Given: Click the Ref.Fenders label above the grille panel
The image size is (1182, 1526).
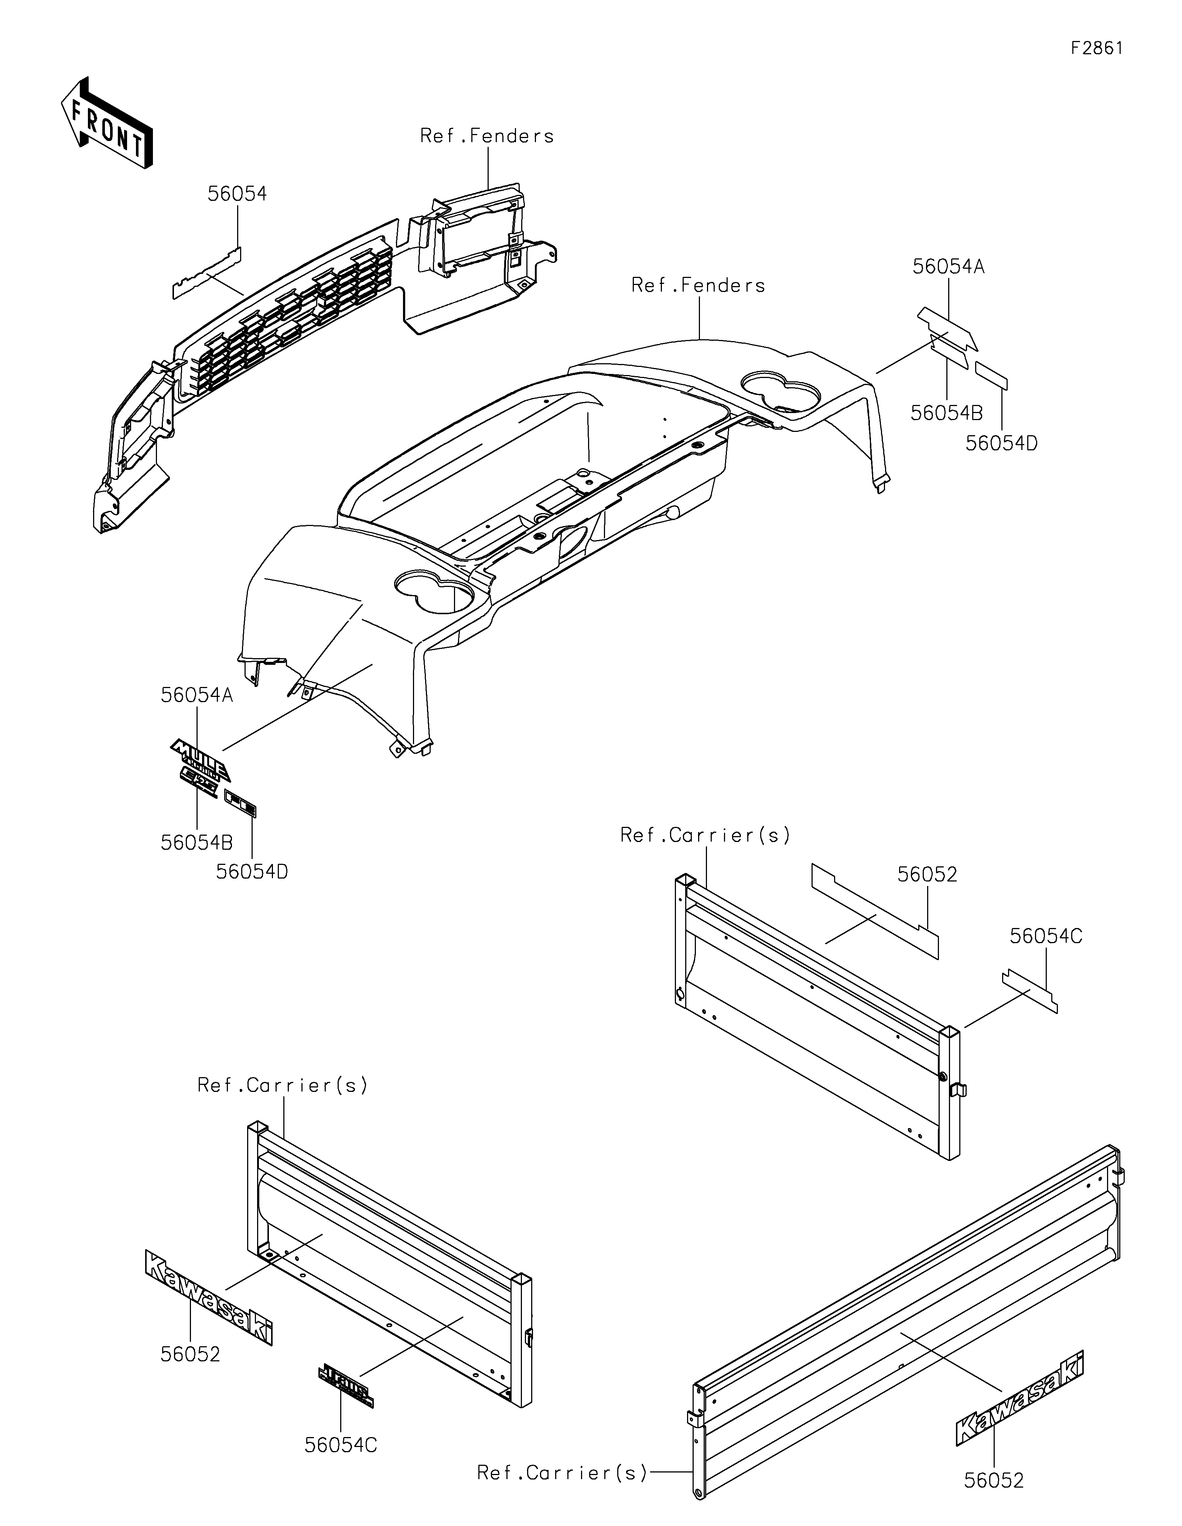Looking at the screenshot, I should tap(486, 136).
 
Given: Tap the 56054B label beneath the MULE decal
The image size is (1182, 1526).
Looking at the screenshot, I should tap(197, 843).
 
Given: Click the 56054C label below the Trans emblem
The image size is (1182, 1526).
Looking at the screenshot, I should tap(341, 1445).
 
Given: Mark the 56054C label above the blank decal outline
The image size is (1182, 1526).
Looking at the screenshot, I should tap(1046, 936).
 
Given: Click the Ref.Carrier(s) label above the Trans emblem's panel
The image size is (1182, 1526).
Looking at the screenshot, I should tap(283, 1085).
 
